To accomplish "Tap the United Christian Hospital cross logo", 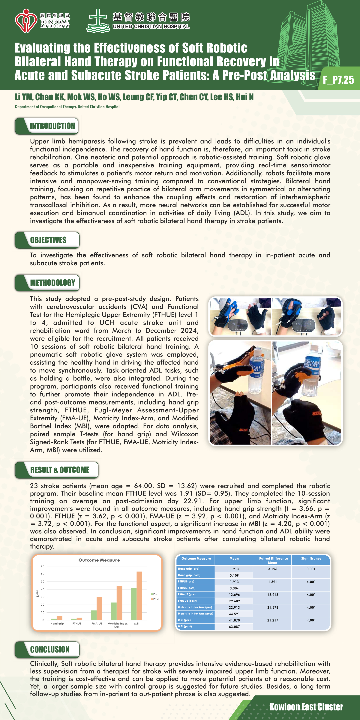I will (x=98, y=20).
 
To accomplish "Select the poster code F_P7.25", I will (x=338, y=80).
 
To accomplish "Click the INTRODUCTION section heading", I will (x=52, y=126).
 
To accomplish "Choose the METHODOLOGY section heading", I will (x=52, y=283).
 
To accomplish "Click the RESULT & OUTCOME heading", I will (x=60, y=470).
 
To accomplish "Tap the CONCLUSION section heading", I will (x=50, y=649).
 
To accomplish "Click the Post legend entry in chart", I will (x=155, y=599).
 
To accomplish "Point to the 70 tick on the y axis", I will (x=43, y=566).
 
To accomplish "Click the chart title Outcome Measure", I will (x=99, y=560).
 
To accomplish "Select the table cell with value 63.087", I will (x=234, y=627).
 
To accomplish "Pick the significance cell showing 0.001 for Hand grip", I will (x=311, y=569).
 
